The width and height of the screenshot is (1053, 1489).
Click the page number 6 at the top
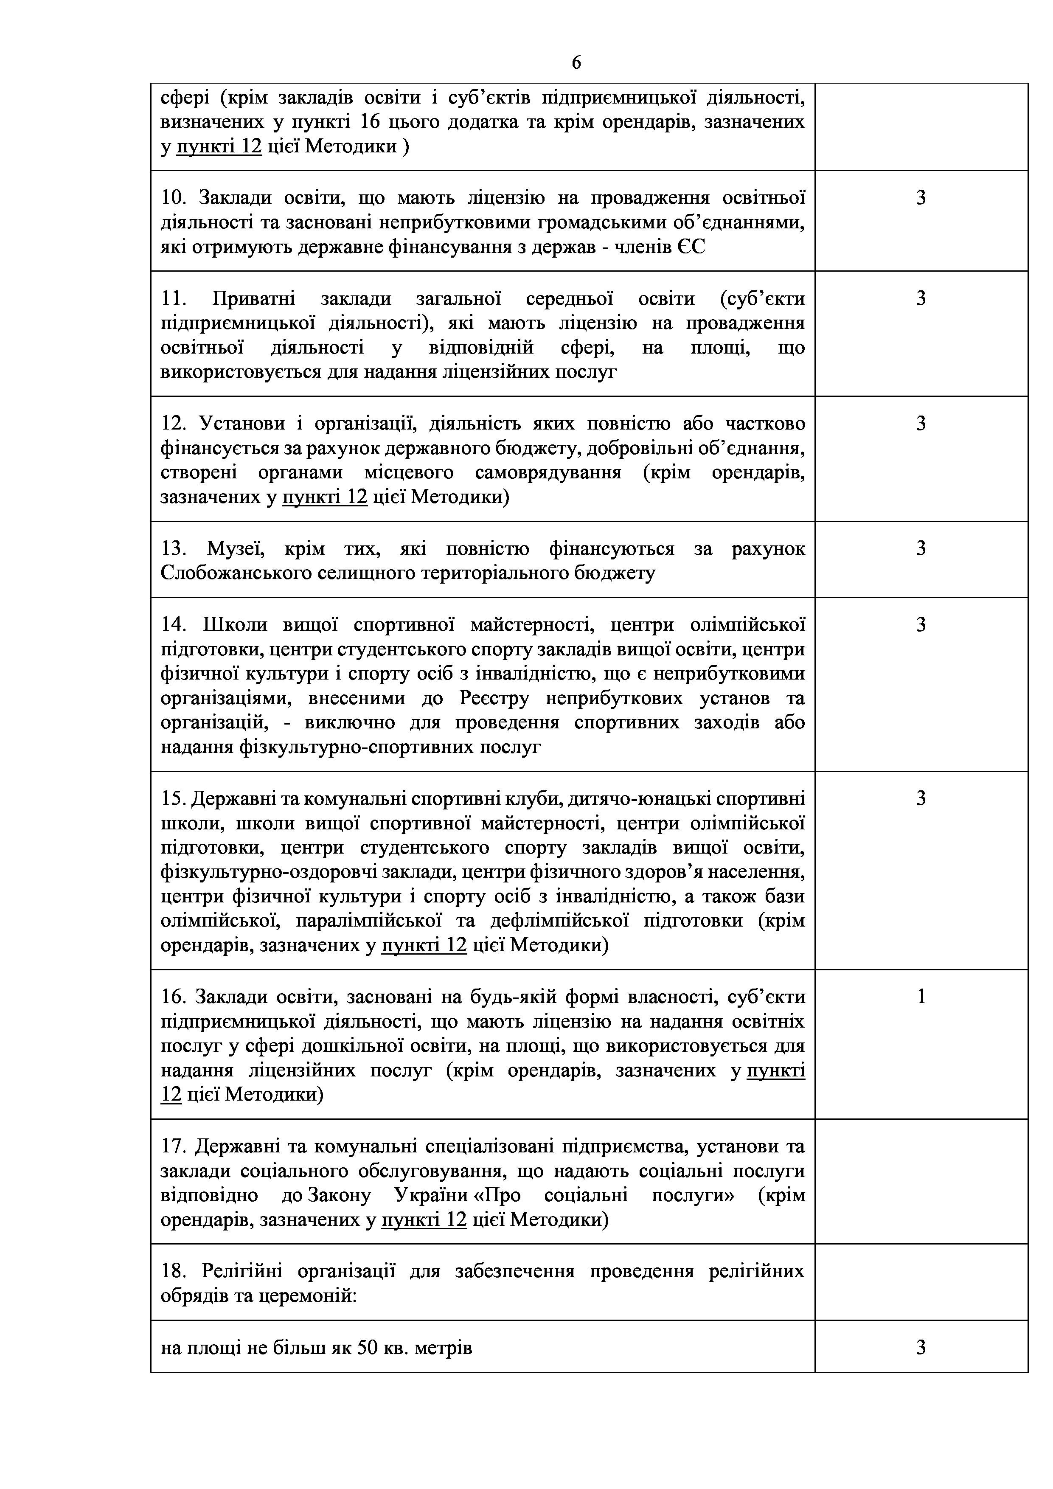click(576, 63)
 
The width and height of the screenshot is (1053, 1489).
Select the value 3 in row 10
click(921, 198)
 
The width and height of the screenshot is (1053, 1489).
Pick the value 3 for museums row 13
click(921, 549)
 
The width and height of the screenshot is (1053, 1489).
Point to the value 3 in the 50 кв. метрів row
click(921, 1348)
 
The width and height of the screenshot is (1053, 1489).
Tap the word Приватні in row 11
click(253, 299)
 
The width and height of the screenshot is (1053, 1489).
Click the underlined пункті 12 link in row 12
click(325, 497)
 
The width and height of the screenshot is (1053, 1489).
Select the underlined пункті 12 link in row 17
click(424, 1220)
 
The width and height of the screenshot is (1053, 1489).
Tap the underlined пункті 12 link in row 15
click(424, 946)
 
